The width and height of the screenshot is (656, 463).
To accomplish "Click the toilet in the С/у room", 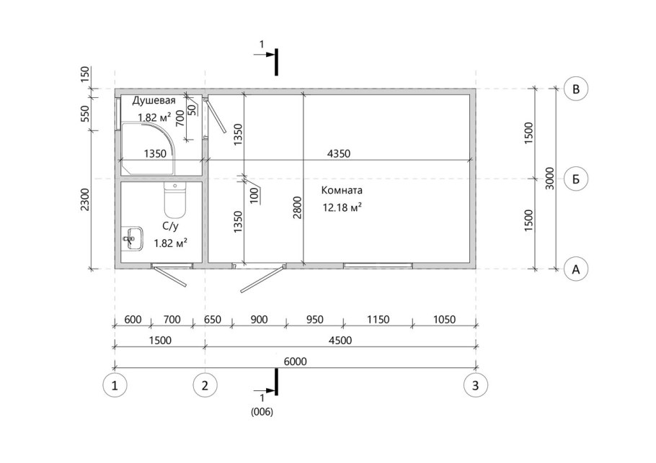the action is click(x=174, y=201).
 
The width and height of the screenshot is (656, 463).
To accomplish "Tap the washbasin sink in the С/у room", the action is click(x=133, y=239).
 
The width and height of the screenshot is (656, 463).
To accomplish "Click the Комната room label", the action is click(x=342, y=191).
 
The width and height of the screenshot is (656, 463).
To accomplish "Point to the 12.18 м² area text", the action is click(x=342, y=207).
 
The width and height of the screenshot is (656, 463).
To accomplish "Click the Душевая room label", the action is click(x=154, y=101).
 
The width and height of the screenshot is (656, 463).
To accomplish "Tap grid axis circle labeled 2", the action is click(x=205, y=385).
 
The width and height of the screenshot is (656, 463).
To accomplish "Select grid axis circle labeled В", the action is click(x=576, y=89).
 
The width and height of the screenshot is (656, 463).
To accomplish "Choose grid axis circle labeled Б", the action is click(x=576, y=179).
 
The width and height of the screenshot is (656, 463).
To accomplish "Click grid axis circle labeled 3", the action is click(x=476, y=385).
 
